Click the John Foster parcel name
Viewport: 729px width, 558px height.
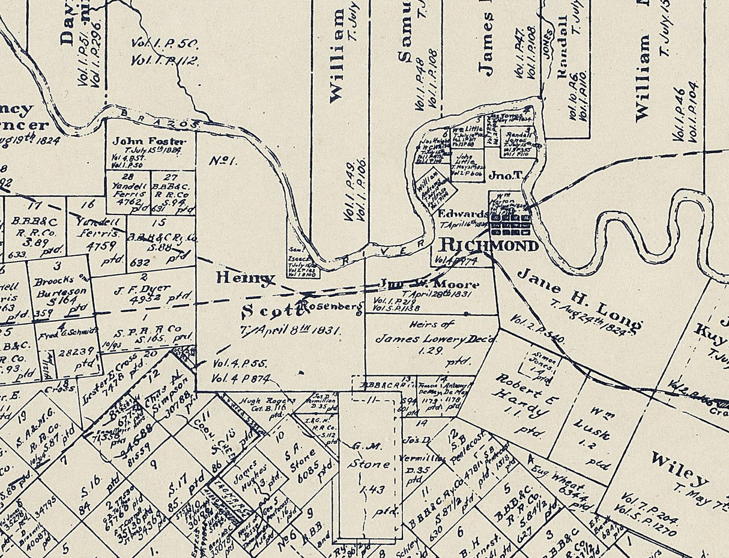pyautogui.click(x=150, y=141)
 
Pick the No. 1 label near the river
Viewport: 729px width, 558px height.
pyautogui.click(x=223, y=161)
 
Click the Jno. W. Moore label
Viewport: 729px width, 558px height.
pyautogui.click(x=429, y=284)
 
